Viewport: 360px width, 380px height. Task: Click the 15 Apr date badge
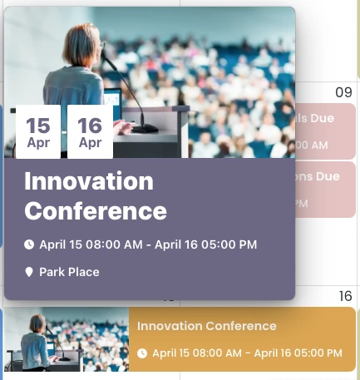[x=37, y=131]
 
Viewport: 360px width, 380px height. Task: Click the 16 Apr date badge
[x=90, y=131]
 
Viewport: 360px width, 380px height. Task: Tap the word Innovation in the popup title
[x=89, y=181]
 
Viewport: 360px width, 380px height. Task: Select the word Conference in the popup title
[x=96, y=210]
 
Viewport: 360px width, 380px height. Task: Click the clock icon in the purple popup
[x=29, y=244]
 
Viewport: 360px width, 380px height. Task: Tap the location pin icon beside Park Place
[x=29, y=272]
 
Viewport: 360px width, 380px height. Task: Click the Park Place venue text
[x=69, y=272]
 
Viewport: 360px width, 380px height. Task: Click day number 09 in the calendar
[x=343, y=91]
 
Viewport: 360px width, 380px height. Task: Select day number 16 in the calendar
[x=345, y=297]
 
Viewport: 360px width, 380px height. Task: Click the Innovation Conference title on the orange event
[x=206, y=326]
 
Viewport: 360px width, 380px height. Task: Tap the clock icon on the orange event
[x=142, y=353]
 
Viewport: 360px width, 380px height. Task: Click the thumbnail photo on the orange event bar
[x=67, y=339]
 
